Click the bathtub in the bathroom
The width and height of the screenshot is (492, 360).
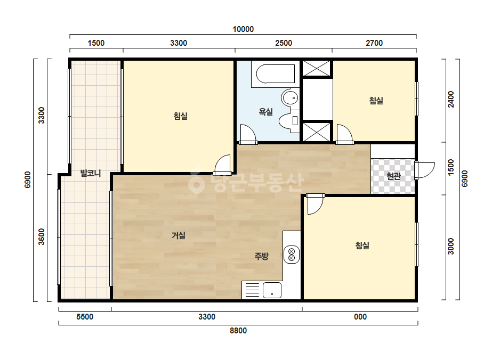(x=276, y=73)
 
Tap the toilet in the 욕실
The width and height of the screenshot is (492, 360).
(x=289, y=121)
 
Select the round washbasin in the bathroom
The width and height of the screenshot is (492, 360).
(x=290, y=98)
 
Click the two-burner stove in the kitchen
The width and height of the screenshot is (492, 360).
(x=292, y=254)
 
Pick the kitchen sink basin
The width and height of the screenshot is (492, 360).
(x=272, y=290)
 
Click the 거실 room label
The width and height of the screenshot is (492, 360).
(x=179, y=235)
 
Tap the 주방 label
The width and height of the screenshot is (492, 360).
(x=261, y=256)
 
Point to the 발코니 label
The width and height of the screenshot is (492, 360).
(x=91, y=173)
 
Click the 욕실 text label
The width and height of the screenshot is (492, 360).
(x=265, y=111)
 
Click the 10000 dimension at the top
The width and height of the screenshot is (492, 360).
(x=243, y=29)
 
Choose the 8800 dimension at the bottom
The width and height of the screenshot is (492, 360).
(x=238, y=331)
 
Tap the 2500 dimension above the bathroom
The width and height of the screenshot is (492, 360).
(x=284, y=43)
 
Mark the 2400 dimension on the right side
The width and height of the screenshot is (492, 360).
(x=451, y=99)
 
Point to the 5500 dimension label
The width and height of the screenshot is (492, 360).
(x=85, y=317)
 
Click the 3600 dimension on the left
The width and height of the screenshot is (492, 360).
(x=41, y=237)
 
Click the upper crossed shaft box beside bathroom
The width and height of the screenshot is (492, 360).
(x=317, y=68)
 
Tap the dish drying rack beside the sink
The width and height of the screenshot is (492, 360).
(x=252, y=290)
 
